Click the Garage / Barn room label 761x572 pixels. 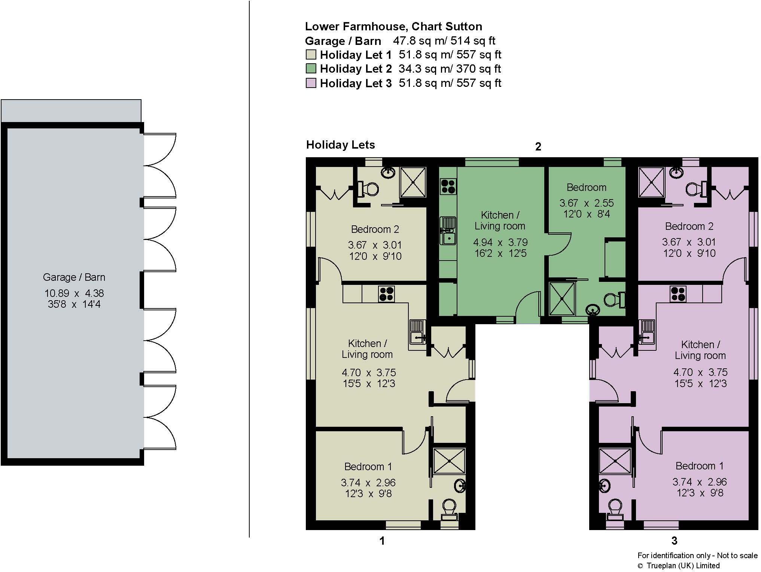click(74, 277)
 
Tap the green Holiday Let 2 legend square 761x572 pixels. click(311, 69)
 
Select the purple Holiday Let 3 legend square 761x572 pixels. click(311, 83)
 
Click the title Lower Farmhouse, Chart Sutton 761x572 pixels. click(393, 27)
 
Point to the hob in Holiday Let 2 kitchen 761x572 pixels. click(448, 186)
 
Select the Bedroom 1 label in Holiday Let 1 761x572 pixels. click(368, 467)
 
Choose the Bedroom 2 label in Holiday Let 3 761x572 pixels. click(689, 226)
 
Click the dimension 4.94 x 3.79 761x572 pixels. click(500, 242)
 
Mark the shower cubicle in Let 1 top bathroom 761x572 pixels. click(413, 182)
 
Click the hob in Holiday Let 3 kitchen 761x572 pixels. click(678, 294)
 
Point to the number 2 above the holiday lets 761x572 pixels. click(538, 147)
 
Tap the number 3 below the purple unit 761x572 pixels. click(674, 541)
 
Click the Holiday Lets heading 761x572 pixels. click(340, 145)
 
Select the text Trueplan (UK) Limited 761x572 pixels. click(683, 566)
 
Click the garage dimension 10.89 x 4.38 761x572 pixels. click(74, 293)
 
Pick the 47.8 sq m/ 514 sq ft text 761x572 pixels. click(444, 40)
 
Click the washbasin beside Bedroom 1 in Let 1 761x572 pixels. click(460, 486)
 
